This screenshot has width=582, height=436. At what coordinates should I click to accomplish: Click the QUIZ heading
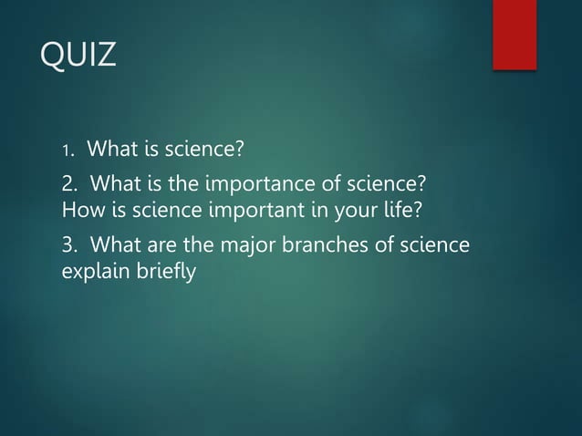pos(79,55)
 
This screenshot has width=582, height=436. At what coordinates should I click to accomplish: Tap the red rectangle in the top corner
pos(514,34)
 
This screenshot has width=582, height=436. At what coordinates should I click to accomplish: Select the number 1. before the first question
pos(67,150)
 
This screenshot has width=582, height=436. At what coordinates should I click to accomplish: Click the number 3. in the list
pos(68,245)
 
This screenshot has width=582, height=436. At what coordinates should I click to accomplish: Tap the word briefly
pos(164,272)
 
